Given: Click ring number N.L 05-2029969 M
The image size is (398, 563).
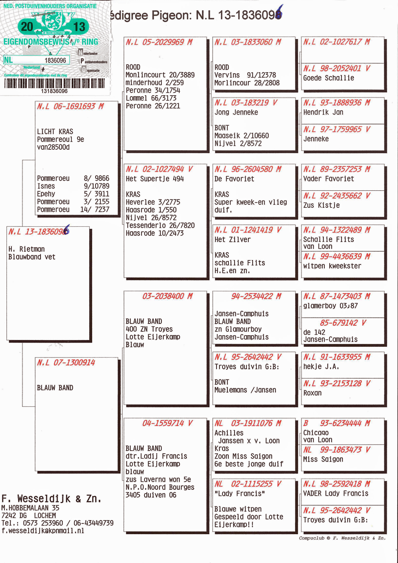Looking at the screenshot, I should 159,42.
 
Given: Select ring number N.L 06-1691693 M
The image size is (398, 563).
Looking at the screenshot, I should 70,106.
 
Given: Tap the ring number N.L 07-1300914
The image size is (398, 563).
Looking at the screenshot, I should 66,363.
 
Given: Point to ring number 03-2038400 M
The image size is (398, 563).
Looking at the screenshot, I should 167,296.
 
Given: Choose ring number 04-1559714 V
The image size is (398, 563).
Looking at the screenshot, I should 167,423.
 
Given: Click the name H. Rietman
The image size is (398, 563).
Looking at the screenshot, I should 26,249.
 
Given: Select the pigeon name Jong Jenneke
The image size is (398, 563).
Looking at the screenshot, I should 236,112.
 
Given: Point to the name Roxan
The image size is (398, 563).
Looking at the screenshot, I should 312,393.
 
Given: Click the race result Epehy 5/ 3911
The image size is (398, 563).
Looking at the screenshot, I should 73,194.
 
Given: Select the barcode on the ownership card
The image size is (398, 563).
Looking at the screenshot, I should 54,83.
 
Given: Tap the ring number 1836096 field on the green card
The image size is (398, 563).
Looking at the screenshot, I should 55,60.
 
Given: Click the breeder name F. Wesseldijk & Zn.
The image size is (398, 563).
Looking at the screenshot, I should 52,499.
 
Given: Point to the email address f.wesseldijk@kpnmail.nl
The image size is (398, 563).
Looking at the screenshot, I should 43,531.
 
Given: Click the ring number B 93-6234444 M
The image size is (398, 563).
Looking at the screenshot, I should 337,423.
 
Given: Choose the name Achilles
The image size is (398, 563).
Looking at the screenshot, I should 229,433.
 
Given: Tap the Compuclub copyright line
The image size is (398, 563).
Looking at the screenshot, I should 342,539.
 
